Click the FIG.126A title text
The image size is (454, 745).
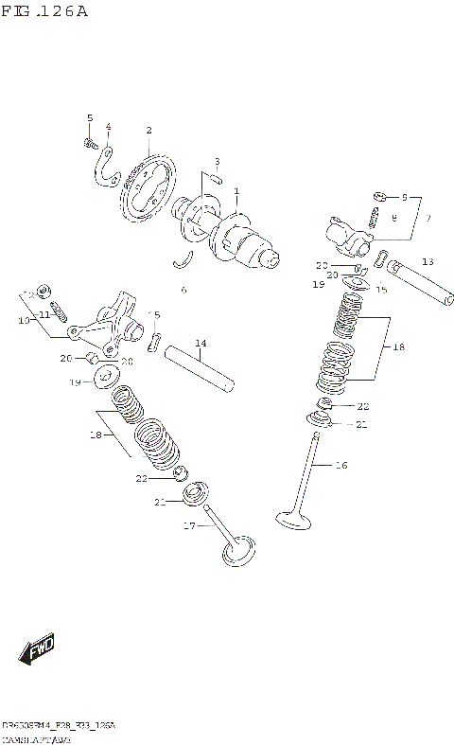(44, 11)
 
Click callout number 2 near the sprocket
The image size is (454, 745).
(148, 130)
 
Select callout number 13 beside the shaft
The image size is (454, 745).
(428, 261)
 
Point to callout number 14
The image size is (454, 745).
(201, 343)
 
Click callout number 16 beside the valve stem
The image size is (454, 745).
(341, 465)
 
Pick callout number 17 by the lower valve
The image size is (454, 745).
(188, 525)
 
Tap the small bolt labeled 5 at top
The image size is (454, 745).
(89, 143)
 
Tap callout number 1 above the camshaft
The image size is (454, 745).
(236, 191)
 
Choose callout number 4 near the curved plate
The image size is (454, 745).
(108, 127)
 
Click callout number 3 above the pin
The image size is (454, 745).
(217, 161)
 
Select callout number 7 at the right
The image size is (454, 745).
(427, 219)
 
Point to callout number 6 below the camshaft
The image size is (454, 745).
(183, 290)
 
